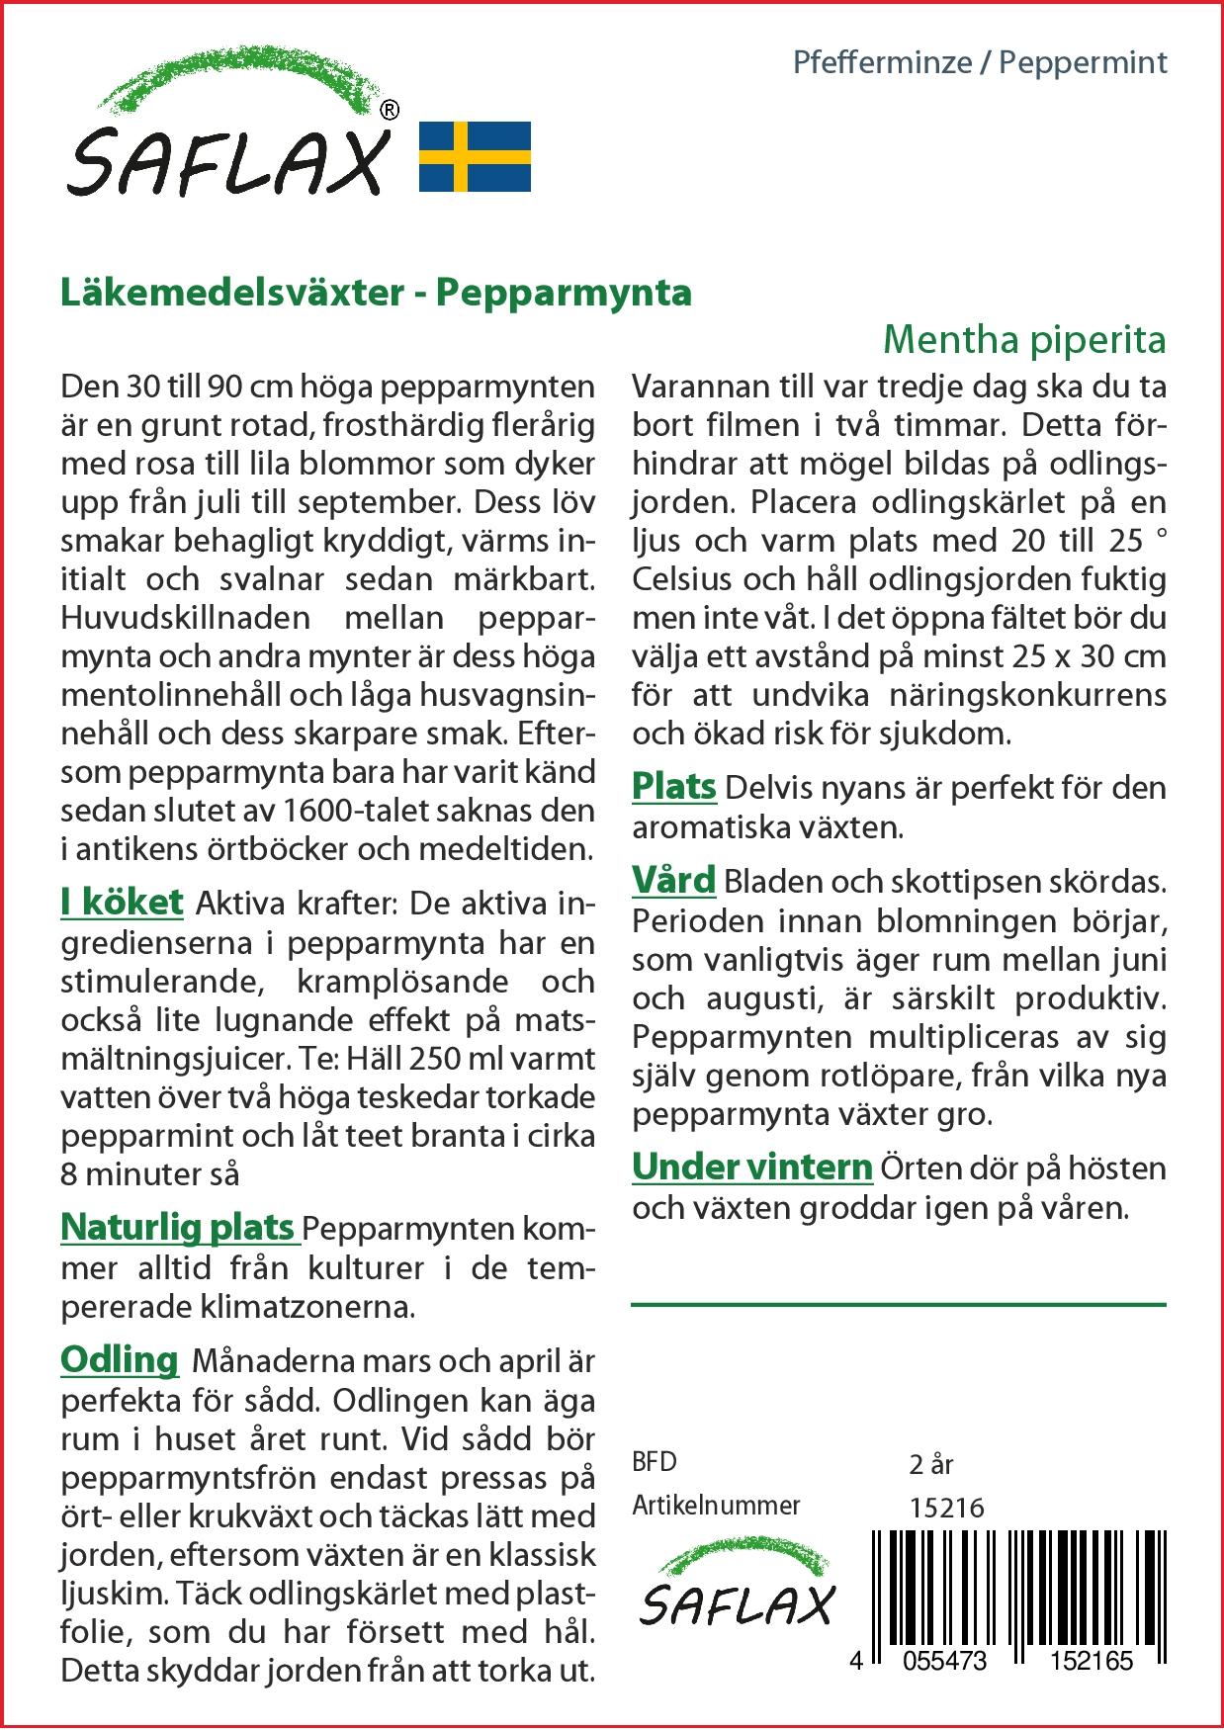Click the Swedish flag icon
475,156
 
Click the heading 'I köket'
122,902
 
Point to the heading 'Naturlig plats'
178,1228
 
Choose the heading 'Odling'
119,1359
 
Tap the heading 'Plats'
673,787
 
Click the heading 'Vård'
673,880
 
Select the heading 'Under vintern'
751,1168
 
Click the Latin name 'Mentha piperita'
1023,339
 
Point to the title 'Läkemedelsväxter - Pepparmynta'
376,293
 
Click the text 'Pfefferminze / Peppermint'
980,63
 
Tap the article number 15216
946,1508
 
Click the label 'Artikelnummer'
716,1506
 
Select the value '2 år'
930,1463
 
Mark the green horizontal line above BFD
898,1305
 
